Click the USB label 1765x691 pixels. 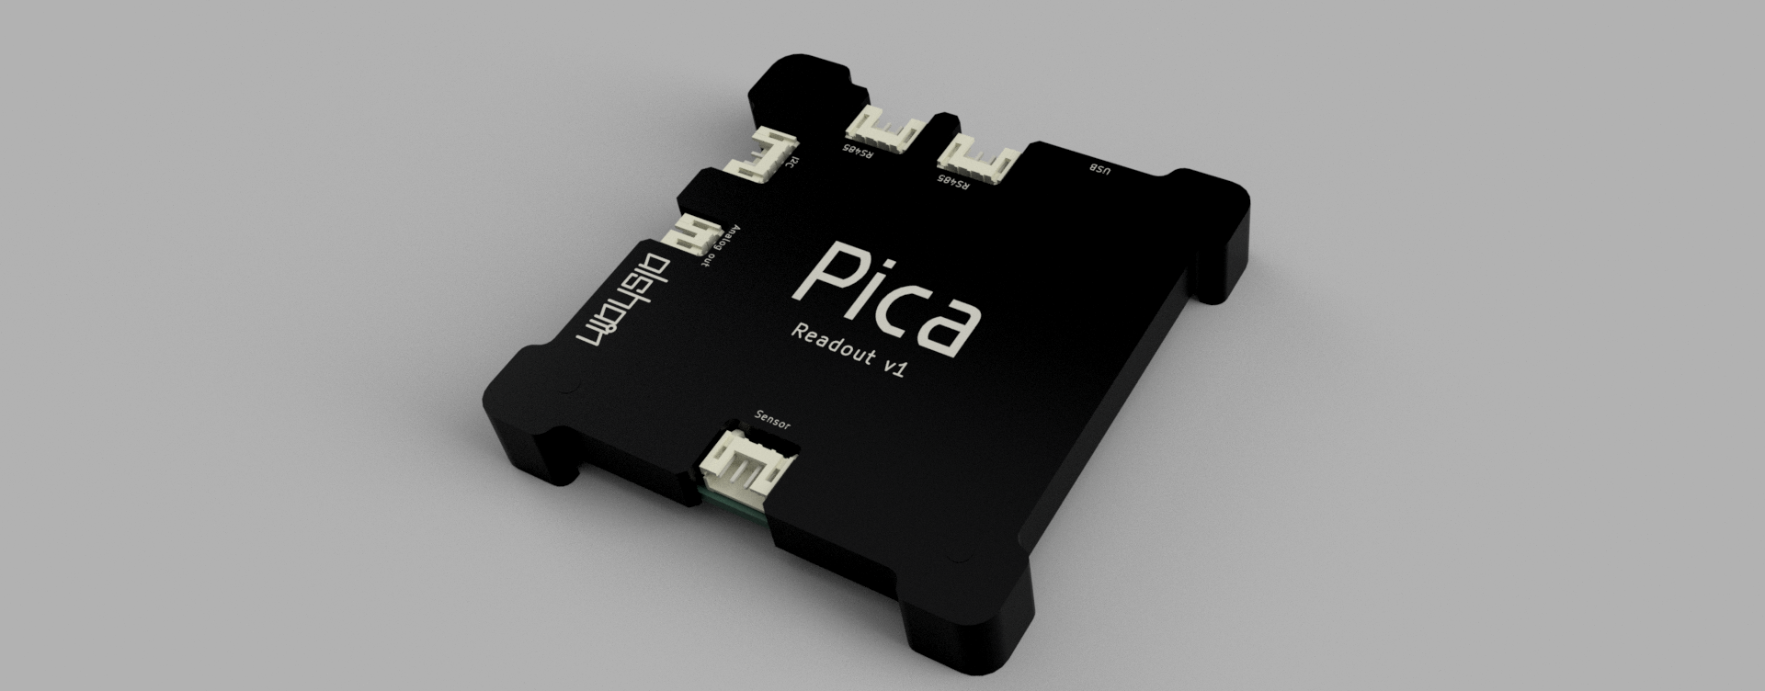1100,169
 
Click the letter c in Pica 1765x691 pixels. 905,308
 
